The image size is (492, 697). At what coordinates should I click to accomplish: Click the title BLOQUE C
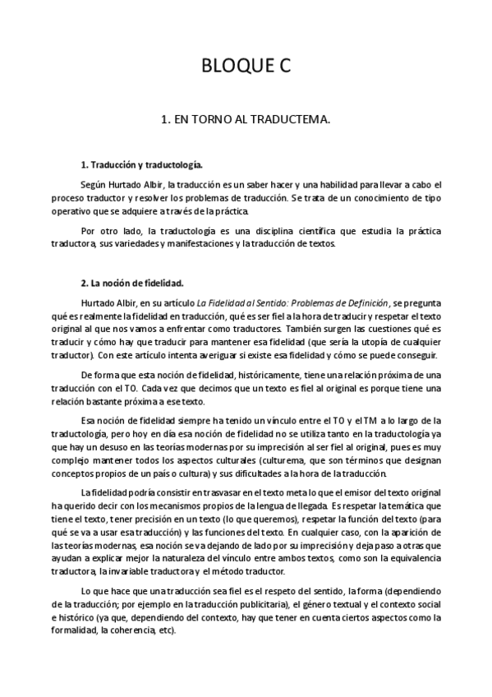coord(246,67)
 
